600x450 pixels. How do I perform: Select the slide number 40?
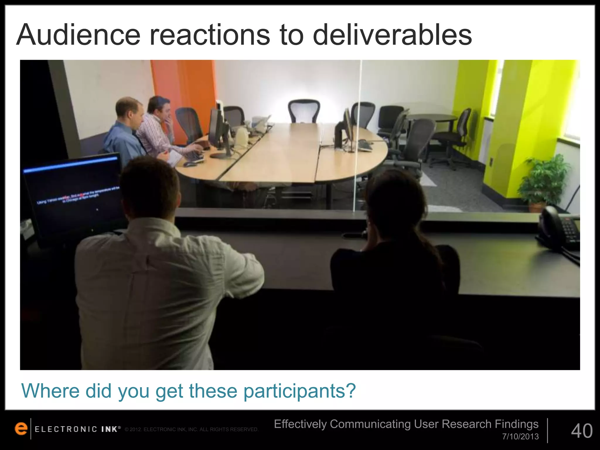tap(582, 431)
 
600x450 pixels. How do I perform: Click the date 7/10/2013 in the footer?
tap(520, 437)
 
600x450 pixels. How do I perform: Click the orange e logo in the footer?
tap(21, 429)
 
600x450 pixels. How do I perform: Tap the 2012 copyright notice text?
tap(191, 429)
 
